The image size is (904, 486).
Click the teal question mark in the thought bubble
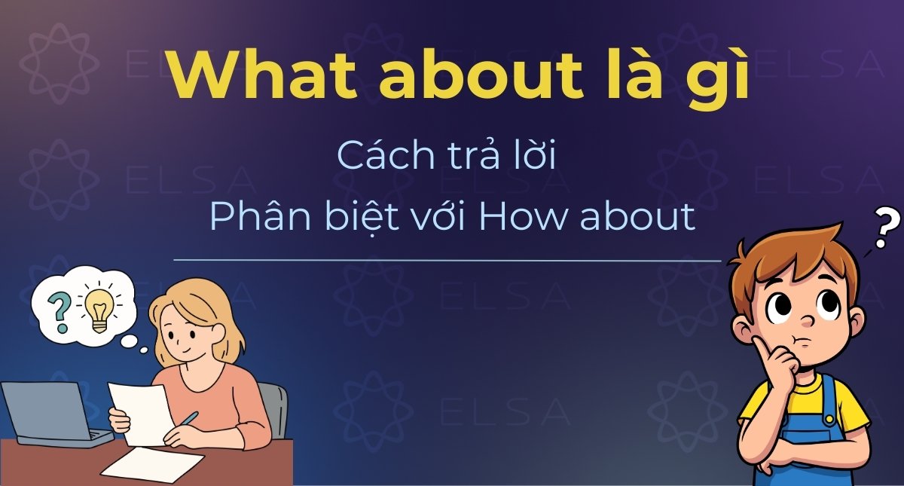(58, 308)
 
